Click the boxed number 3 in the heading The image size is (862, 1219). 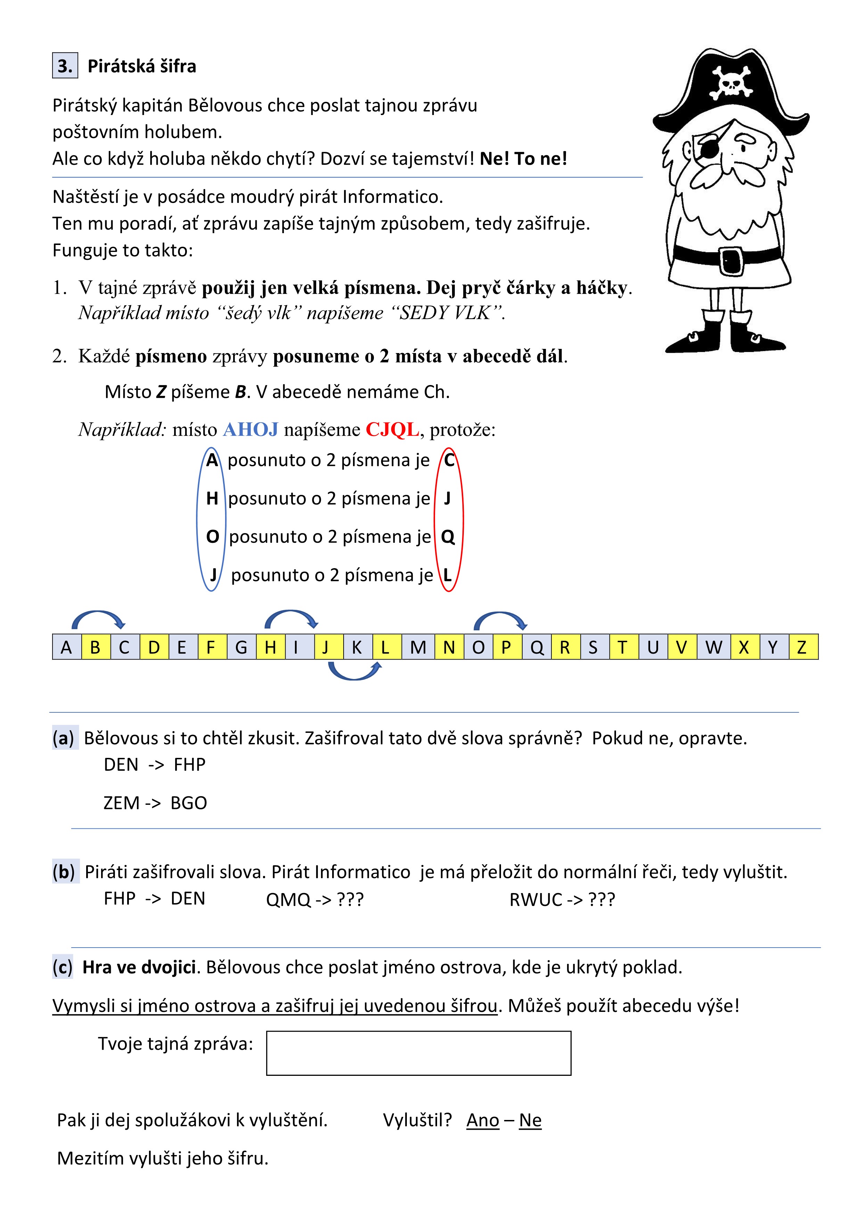pyautogui.click(x=65, y=66)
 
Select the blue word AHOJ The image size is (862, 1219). pyautogui.click(x=251, y=429)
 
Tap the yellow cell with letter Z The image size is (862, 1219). pyautogui.click(x=803, y=647)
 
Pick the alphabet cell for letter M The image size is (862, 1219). pyautogui.click(x=418, y=647)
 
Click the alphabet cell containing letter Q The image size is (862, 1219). pyautogui.click(x=537, y=647)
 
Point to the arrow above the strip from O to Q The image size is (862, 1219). pyautogui.click(x=500, y=620)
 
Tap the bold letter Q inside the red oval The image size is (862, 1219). pyautogui.click(x=448, y=537)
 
